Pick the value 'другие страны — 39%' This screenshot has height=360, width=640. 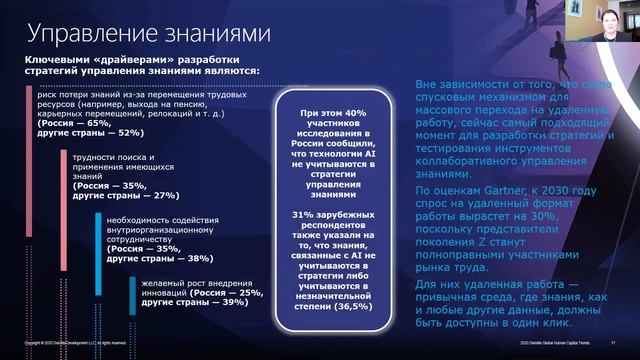(x=199, y=302)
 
